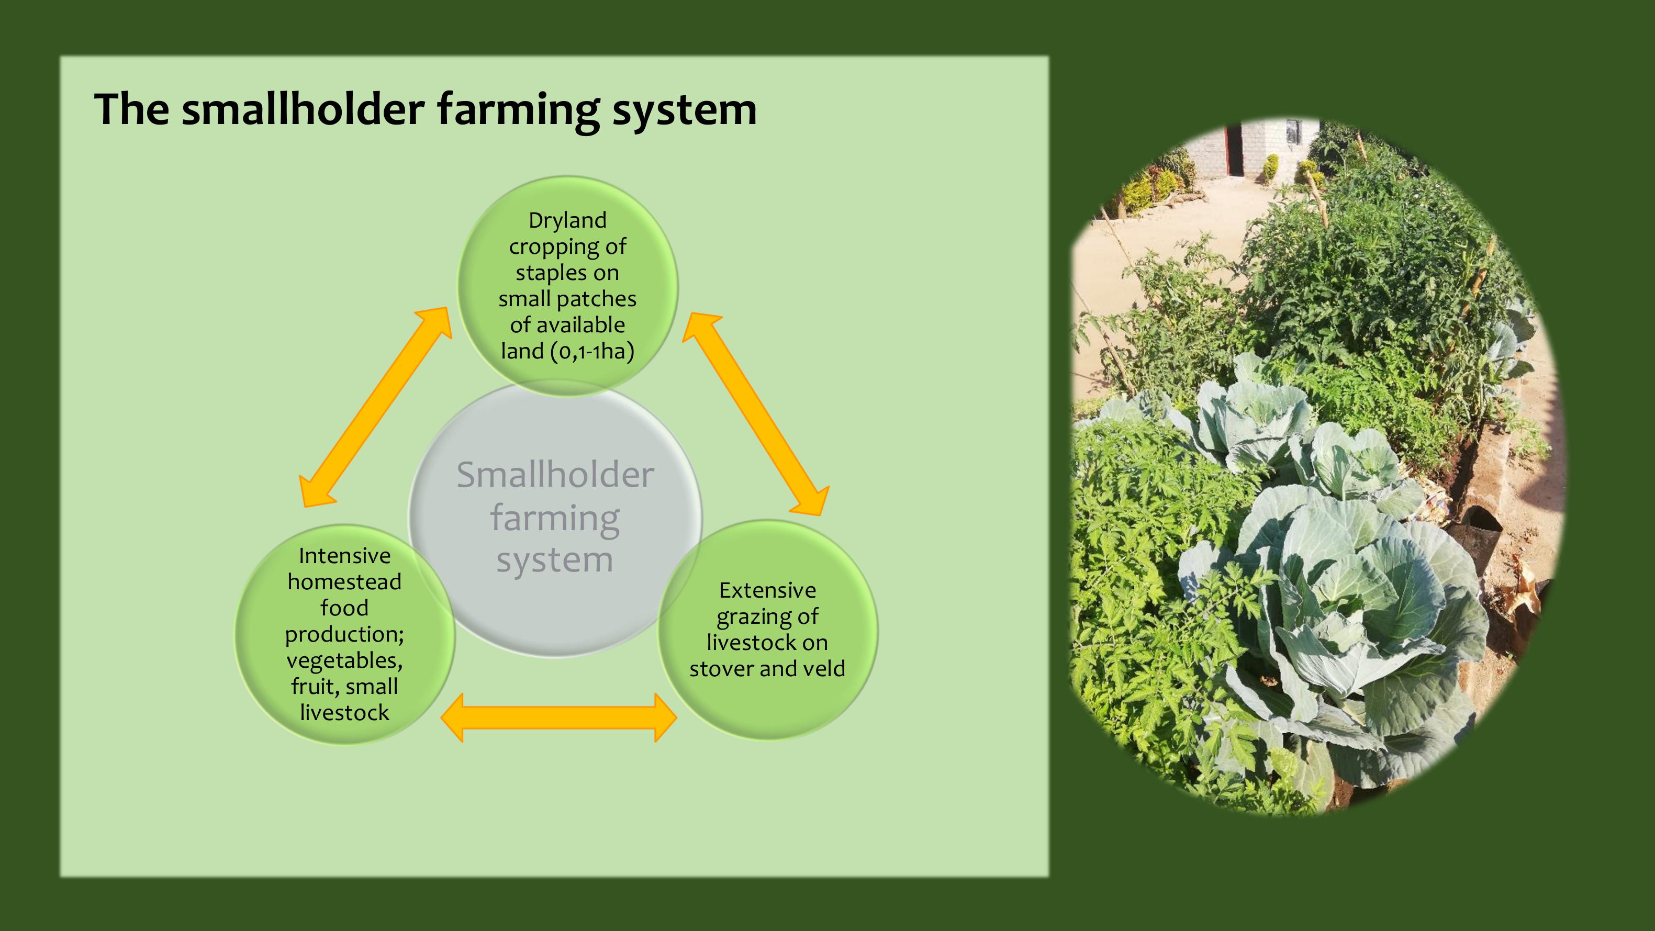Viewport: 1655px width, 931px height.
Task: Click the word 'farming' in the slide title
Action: pos(519,110)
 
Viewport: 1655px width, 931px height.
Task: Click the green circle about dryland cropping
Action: pos(567,286)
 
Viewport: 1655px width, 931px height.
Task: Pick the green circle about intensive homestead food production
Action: pos(345,634)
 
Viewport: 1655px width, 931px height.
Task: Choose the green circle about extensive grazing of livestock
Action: pos(768,630)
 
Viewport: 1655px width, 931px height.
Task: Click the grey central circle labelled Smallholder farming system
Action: pos(555,518)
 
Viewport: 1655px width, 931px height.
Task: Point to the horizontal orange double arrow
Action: pos(559,717)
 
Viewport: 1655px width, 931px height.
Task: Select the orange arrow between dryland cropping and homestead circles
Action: pos(376,407)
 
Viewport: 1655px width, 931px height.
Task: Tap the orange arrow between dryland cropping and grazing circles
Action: pos(756,414)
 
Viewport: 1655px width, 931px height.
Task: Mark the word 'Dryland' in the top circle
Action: pos(567,220)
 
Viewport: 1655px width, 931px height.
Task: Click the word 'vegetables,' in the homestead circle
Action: pos(344,660)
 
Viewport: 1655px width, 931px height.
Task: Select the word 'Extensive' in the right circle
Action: pos(768,590)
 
